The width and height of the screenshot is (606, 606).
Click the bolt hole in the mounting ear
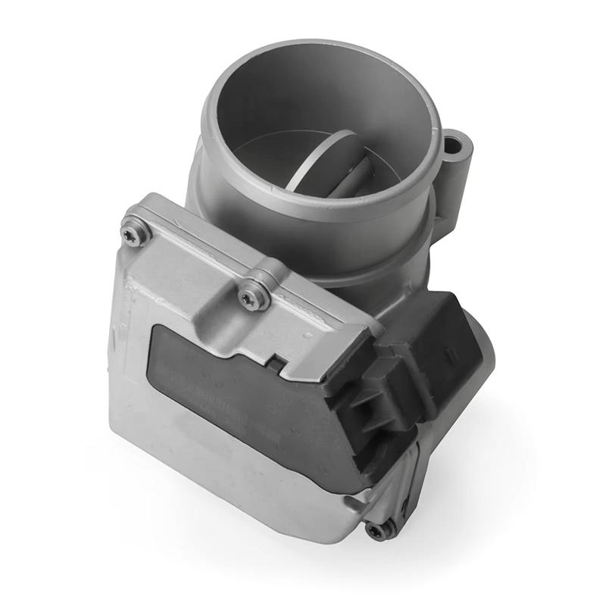[x=454, y=144]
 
